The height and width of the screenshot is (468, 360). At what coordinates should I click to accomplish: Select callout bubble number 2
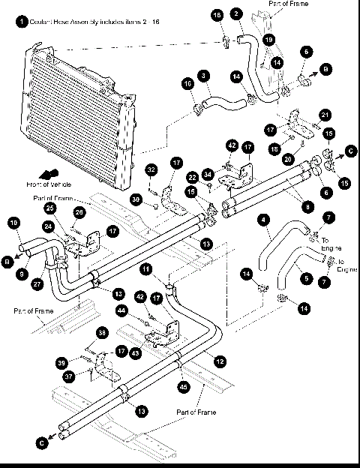(236, 13)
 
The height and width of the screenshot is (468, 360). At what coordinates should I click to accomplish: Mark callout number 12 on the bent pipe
(219, 361)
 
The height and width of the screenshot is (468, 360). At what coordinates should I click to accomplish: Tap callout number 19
(268, 38)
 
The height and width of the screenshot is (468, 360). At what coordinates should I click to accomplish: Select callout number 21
(325, 114)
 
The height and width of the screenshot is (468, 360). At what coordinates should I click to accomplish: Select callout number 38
(102, 332)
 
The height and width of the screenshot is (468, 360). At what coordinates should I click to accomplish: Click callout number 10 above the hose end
(14, 222)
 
